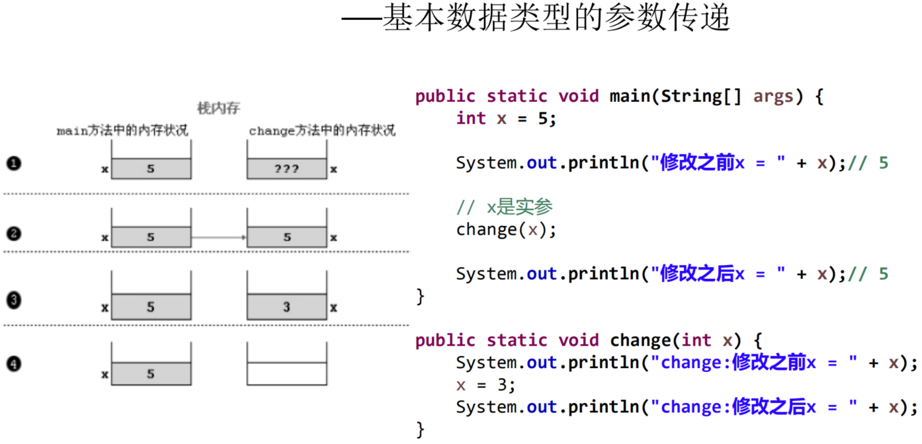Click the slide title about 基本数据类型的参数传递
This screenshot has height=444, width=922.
click(536, 18)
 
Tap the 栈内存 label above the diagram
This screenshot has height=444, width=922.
click(218, 108)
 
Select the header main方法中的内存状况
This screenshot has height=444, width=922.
click(122, 131)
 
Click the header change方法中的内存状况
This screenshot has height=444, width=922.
click(322, 131)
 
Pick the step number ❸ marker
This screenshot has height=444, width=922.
click(14, 301)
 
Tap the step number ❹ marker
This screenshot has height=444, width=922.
click(14, 363)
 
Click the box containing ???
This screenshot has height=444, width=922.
click(286, 169)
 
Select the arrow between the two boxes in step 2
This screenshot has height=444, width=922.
click(218, 237)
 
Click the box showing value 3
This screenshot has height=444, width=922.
click(286, 307)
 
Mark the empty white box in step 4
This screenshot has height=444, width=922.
click(286, 373)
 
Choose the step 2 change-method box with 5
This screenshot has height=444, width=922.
click(286, 237)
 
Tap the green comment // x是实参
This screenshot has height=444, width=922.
click(504, 207)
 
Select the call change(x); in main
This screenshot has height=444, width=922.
click(506, 229)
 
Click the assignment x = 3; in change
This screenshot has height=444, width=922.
click(485, 385)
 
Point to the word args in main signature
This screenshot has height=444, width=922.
click(773, 96)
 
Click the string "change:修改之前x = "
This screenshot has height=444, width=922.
click(755, 363)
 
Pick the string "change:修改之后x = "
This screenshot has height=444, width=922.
click(755, 407)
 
